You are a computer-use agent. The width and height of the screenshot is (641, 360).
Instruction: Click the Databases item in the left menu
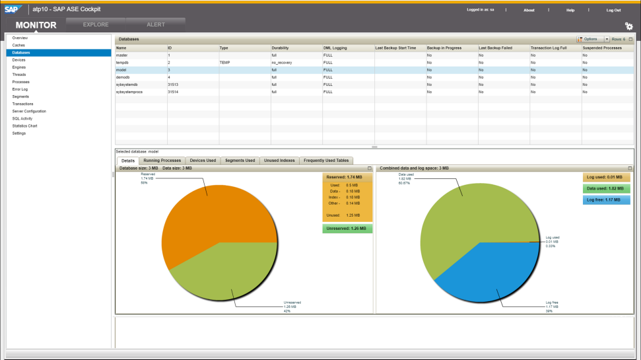21,52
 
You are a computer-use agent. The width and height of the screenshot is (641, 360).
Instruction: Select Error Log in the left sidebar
20,89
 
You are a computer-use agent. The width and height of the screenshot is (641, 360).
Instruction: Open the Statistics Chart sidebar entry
24,126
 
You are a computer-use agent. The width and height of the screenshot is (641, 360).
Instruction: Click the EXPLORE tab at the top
96,24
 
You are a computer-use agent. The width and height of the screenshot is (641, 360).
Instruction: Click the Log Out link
613,10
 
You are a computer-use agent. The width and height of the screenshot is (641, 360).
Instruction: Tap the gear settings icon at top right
628,26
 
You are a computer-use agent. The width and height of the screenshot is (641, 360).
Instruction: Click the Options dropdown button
592,40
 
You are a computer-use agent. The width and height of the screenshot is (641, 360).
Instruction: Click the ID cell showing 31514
174,92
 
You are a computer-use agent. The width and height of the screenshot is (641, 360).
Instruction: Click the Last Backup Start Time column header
395,48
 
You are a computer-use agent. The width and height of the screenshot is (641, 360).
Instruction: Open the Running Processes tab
162,161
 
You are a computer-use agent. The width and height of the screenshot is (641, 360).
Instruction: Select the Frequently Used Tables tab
326,161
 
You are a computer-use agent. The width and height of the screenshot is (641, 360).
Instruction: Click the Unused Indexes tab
279,161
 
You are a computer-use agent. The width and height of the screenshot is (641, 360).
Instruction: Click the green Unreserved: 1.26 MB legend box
347,229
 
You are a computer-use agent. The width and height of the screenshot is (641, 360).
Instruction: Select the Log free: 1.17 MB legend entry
606,199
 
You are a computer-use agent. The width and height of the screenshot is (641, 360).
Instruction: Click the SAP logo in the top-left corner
14,9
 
